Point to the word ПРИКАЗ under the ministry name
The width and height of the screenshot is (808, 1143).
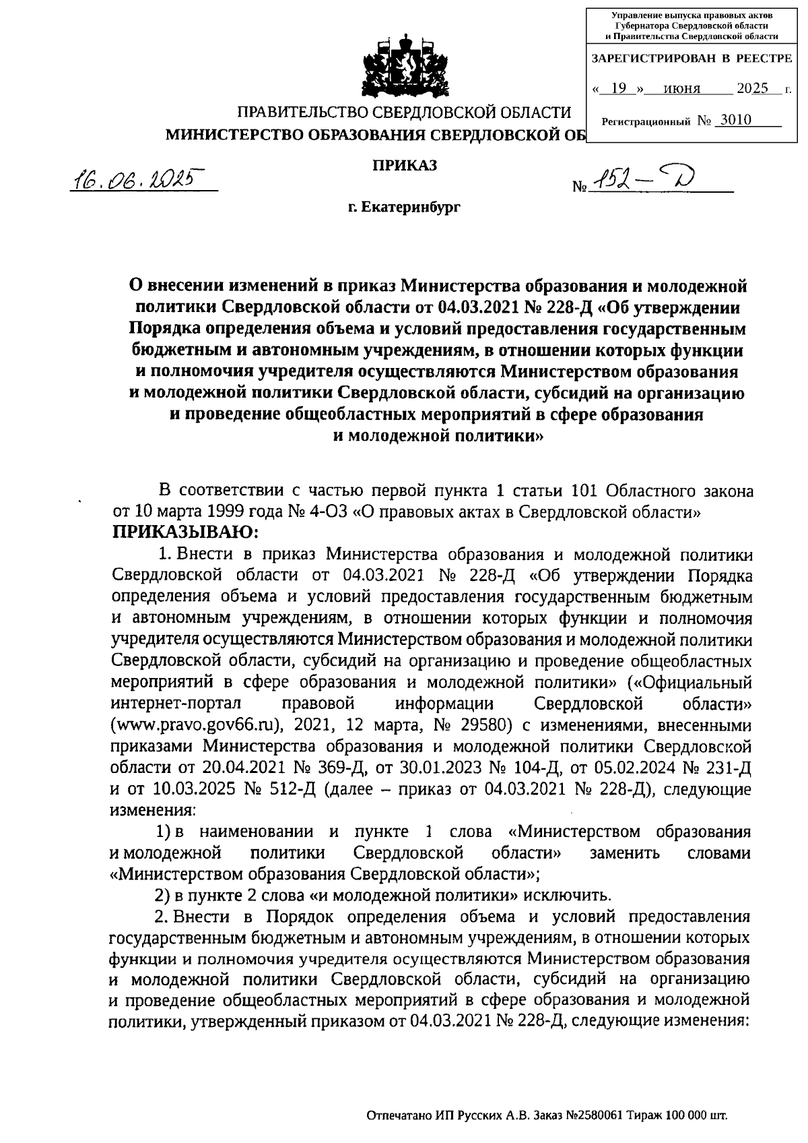point(405,164)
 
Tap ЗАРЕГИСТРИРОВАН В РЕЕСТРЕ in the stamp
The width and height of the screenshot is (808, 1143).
point(691,59)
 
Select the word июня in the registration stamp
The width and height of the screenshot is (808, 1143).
point(681,88)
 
